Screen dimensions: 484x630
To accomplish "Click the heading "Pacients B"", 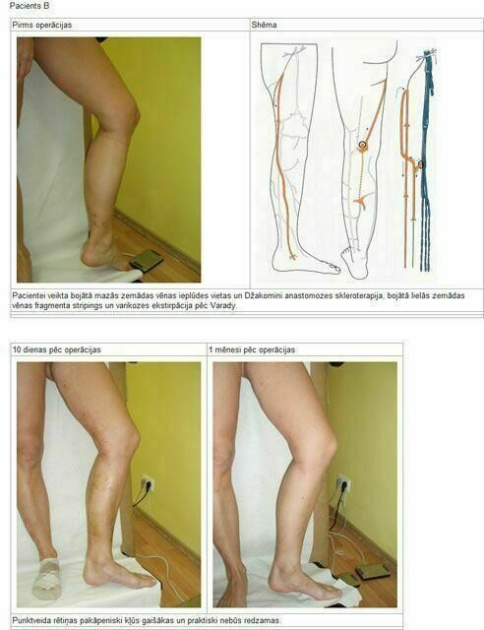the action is click(x=29, y=6).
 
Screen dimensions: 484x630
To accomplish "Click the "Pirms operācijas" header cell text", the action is click(x=41, y=25).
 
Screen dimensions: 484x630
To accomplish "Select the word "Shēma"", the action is click(x=264, y=25).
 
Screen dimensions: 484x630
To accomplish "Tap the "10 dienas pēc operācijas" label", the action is click(x=57, y=349).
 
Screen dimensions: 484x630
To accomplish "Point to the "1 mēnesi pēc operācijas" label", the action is click(x=252, y=349).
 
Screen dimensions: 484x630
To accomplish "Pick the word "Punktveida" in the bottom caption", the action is click(x=30, y=621).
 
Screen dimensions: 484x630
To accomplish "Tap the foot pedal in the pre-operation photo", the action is click(x=147, y=260).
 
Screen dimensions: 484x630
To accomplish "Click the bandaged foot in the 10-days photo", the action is click(x=47, y=580).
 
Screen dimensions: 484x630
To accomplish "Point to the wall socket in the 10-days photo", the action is click(x=147, y=483).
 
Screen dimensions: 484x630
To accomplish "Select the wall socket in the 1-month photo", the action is click(x=343, y=484).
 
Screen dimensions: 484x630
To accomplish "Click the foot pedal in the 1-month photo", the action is click(x=372, y=572).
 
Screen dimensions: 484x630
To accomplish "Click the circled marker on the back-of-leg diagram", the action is click(x=363, y=145).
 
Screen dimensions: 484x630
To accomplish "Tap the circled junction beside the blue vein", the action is click(x=420, y=164).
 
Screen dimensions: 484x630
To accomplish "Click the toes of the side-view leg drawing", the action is click(x=331, y=268).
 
